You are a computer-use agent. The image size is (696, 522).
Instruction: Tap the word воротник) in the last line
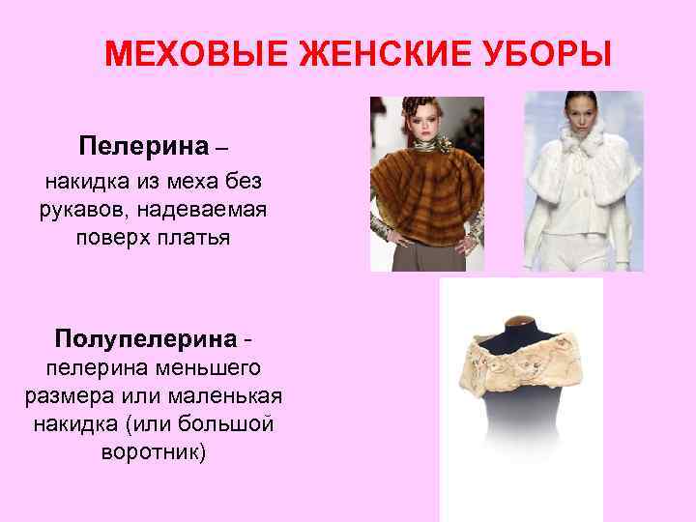pyautogui.click(x=154, y=451)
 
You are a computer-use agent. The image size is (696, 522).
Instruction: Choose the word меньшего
pyautogui.click(x=209, y=367)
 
